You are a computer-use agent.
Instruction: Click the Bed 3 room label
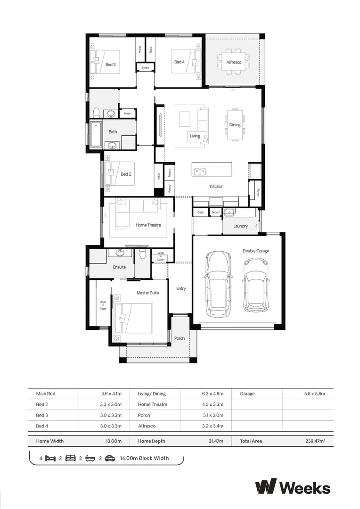coord(111,64)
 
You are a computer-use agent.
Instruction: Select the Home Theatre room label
coord(148,225)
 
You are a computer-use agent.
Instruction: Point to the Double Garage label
coord(256,251)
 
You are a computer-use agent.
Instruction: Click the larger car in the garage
coord(219,284)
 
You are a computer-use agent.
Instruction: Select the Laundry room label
coord(240,226)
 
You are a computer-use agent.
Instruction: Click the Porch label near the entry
coord(180,338)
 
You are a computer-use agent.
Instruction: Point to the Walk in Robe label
coord(103,305)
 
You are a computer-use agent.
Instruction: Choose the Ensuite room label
coord(119,267)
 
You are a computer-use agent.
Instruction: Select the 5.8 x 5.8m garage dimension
coord(315,394)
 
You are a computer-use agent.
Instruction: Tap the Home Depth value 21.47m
coord(214,441)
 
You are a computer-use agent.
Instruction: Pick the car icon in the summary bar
coord(110,458)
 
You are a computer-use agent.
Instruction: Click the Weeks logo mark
coord(266,486)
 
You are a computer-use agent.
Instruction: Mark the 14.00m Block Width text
coord(144,458)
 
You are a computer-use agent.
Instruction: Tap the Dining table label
coord(235,125)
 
